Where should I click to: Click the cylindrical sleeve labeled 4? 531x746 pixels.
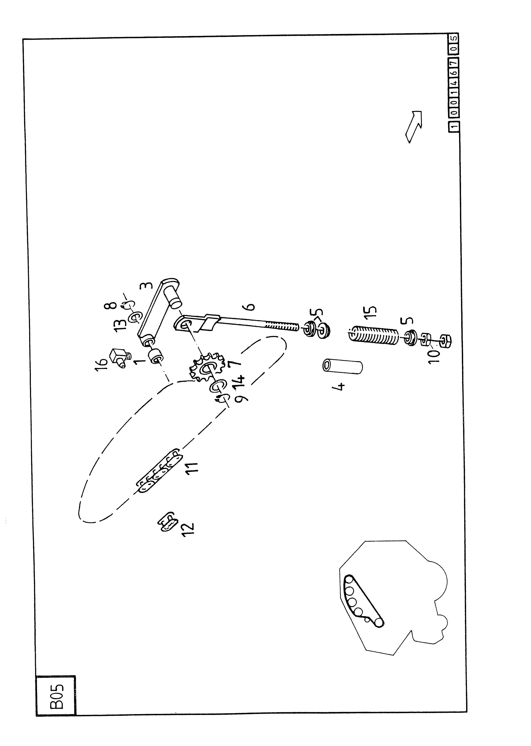pyautogui.click(x=342, y=366)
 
